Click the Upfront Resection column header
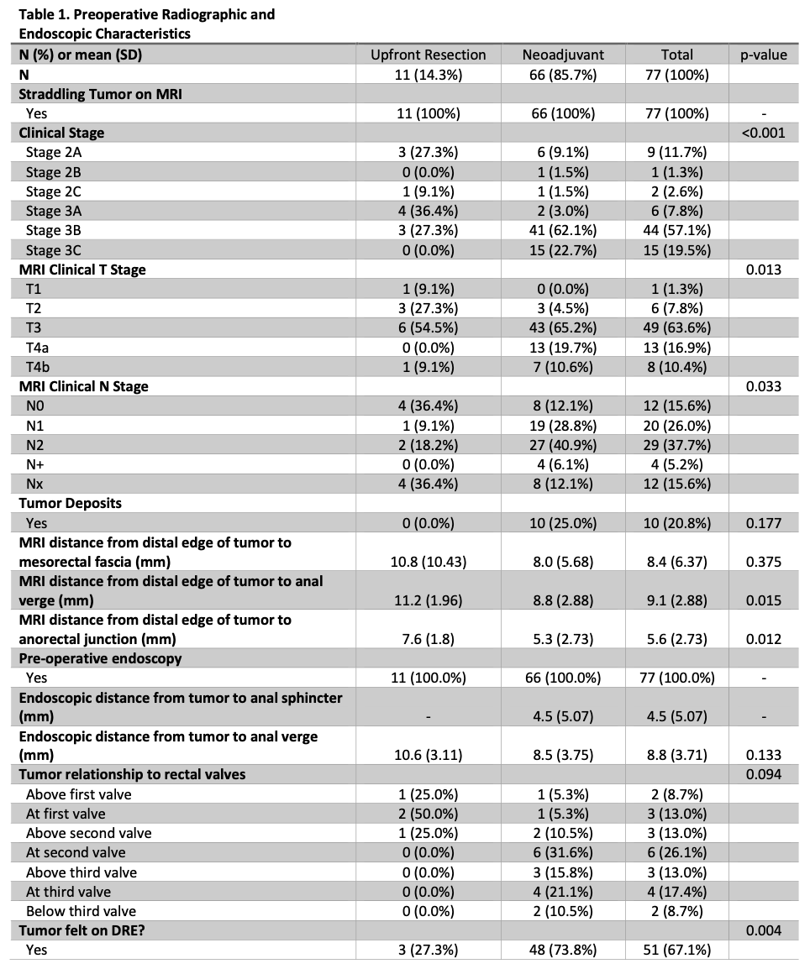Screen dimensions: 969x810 click(428, 55)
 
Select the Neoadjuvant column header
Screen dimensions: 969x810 click(562, 55)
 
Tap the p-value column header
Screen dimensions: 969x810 click(763, 55)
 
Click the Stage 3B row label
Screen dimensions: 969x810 click(54, 230)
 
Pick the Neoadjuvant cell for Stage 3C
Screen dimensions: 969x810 click(562, 249)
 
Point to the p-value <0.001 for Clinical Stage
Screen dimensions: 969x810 click(763, 133)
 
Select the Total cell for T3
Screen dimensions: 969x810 click(676, 327)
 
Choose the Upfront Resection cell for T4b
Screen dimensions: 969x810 click(428, 366)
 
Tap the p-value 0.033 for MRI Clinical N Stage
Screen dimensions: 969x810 click(763, 386)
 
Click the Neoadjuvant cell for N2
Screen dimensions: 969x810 click(562, 444)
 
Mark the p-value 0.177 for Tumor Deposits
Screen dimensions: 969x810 click(763, 523)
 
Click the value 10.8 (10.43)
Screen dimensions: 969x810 click(428, 562)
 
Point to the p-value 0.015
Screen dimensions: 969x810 click(763, 600)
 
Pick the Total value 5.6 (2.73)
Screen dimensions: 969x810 click(676, 639)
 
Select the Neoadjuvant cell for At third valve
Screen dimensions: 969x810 click(562, 891)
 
